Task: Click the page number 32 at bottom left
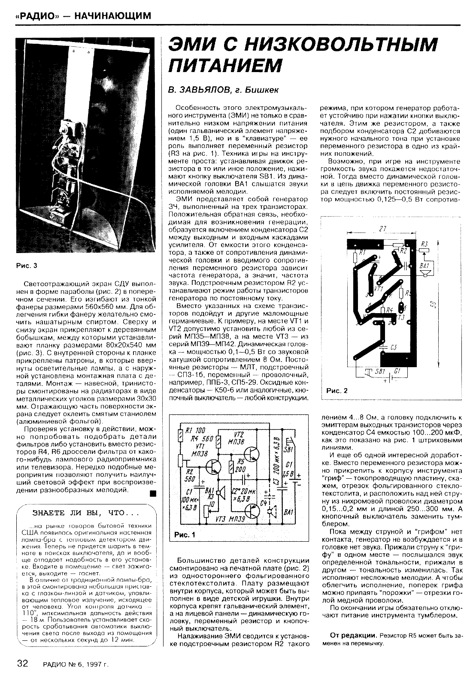22,664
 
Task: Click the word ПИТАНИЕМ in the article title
225,66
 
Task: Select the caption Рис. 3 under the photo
27,266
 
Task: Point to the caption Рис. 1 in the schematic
185,535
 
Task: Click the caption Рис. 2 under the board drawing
337,390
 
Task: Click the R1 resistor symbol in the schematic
180,438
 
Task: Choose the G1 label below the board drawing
397,371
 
